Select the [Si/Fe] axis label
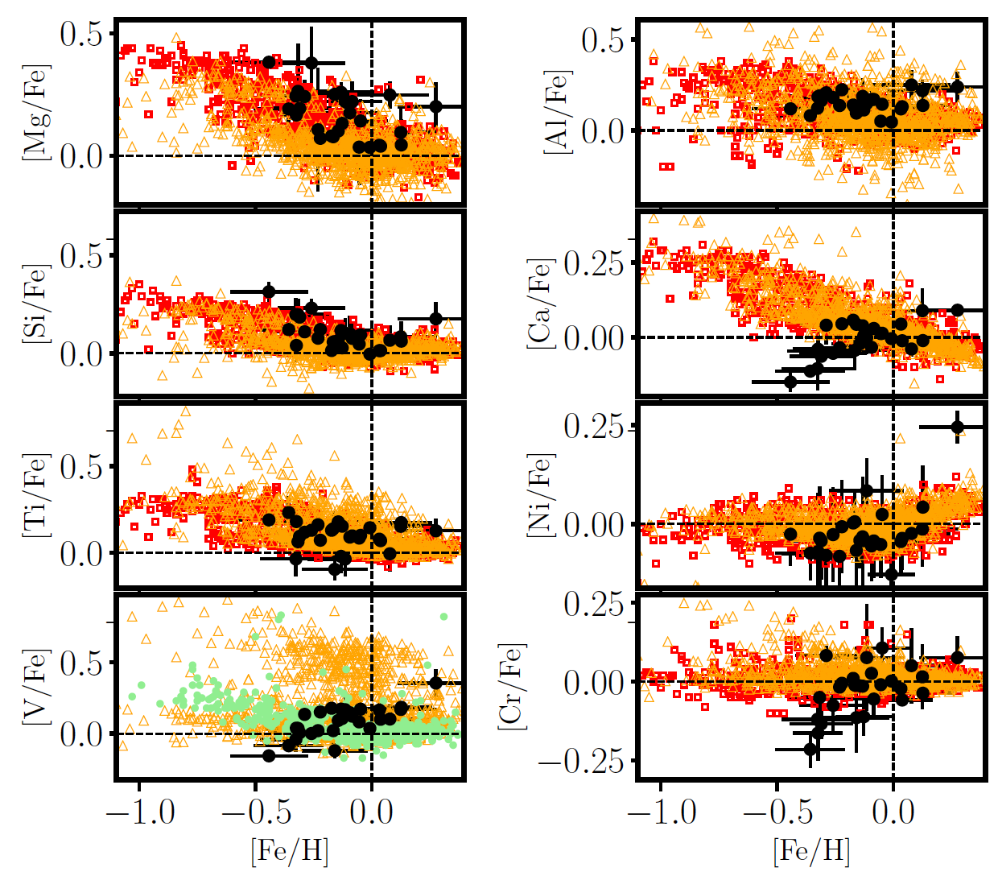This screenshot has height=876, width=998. click(37, 304)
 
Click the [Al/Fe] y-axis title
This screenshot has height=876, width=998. click(557, 111)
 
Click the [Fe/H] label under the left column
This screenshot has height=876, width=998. click(290, 852)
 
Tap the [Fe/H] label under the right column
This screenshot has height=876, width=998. click(811, 852)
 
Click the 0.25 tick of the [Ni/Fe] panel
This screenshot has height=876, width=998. click(594, 427)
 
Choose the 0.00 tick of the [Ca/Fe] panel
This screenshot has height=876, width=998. click(594, 338)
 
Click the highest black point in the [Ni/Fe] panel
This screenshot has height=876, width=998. click(958, 427)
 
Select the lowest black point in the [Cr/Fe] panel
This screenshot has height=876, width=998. click(810, 750)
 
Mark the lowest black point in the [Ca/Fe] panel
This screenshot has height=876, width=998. click(790, 382)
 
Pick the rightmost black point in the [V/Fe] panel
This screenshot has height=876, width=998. click(436, 683)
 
